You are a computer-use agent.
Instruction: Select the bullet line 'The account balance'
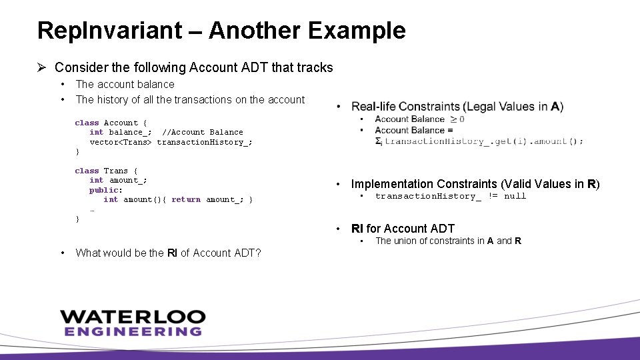coord(125,84)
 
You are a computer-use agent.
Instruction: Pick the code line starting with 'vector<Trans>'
coord(171,142)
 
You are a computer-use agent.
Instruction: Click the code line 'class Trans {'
coord(106,171)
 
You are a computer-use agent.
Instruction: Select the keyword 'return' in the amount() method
coord(185,199)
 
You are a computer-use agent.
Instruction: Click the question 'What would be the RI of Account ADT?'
coord(168,253)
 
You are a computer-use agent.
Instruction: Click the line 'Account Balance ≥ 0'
coord(419,119)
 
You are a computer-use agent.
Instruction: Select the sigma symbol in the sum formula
coord(378,141)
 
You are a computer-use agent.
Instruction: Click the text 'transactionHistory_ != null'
coord(450,196)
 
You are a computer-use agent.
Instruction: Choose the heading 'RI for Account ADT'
coord(403,229)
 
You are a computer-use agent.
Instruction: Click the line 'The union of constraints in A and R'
coord(448,241)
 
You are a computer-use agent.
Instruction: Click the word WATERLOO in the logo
coord(132,317)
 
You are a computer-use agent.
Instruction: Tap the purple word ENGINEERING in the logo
coord(132,331)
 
